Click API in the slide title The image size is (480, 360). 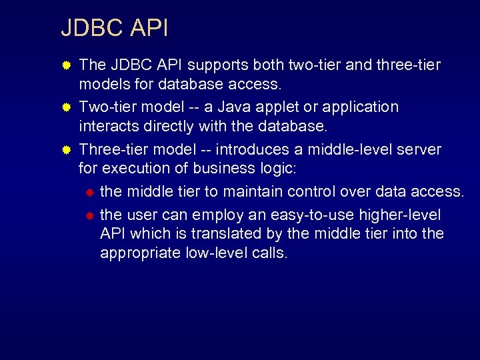tap(149, 29)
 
